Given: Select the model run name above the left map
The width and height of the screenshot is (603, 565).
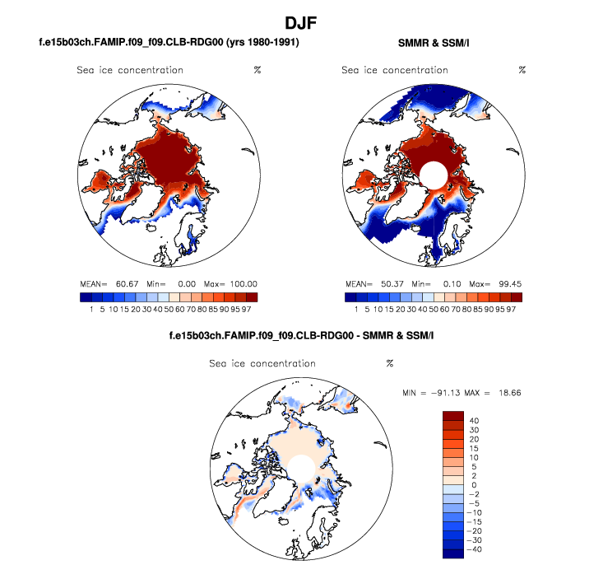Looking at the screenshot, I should (x=169, y=42).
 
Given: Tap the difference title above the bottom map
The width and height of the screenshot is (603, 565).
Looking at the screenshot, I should (x=301, y=336).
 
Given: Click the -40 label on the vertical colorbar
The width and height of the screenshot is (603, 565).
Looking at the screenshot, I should (x=476, y=547).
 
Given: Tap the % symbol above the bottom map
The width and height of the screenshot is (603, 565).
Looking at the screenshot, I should (x=390, y=363).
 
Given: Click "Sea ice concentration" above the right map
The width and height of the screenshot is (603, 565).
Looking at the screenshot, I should (x=395, y=70).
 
